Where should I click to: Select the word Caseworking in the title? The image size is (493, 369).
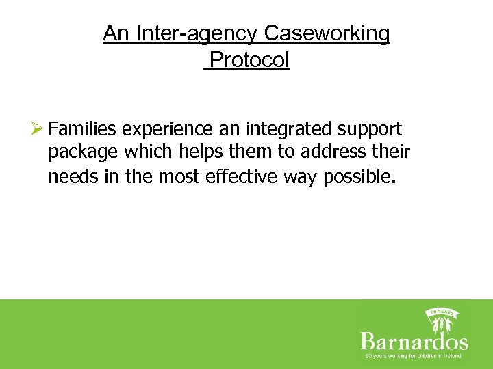coord(327,33)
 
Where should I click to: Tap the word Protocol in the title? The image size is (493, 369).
coord(249,60)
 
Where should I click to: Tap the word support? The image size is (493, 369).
coord(371,130)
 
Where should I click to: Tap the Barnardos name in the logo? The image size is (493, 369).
coord(414,341)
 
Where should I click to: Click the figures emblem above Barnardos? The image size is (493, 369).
coord(442,319)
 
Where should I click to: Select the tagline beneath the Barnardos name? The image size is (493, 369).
coord(414,356)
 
